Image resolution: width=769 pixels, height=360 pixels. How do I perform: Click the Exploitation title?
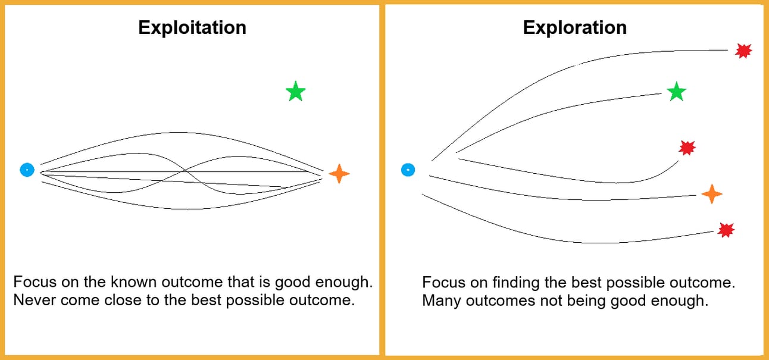point(192,27)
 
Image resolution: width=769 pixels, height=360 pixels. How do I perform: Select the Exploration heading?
point(574,27)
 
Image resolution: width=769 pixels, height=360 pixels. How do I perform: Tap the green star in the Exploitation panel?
point(295,92)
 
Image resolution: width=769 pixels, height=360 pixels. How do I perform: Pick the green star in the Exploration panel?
point(676,92)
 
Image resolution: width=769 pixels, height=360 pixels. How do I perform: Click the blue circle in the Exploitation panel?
point(27,170)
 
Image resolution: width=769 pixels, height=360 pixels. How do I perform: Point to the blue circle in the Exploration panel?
point(407,170)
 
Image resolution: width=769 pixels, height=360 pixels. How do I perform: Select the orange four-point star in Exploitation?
point(339,173)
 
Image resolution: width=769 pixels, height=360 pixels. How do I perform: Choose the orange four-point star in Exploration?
point(712,194)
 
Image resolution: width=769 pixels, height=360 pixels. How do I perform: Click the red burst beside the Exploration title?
point(742,51)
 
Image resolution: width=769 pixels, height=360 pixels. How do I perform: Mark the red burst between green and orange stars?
point(687,148)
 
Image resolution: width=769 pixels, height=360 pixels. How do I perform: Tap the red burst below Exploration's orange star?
point(726,230)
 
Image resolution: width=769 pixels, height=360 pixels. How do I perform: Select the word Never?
point(31,299)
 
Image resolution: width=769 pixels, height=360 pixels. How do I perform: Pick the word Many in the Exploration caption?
point(439,300)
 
